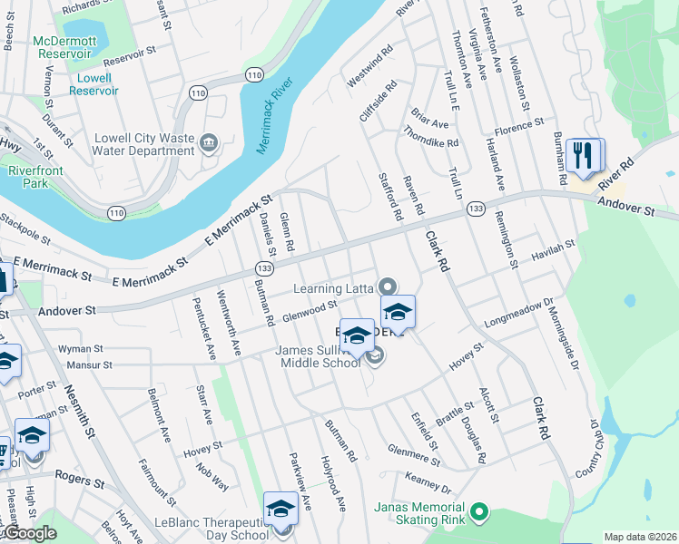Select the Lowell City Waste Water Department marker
[x=209, y=141]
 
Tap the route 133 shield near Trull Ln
[x=475, y=209]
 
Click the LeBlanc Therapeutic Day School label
[x=212, y=529]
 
